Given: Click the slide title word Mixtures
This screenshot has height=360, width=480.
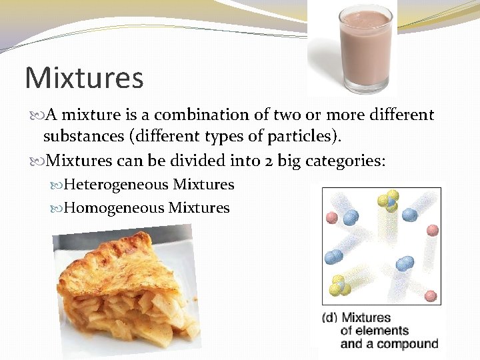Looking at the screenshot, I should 84,77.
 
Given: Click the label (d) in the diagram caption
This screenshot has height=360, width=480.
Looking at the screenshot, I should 329,317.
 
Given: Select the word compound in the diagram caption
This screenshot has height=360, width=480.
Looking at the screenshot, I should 409,344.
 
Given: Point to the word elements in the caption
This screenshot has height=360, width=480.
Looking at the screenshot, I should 383,331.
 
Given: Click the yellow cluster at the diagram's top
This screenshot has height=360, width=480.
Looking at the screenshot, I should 387,201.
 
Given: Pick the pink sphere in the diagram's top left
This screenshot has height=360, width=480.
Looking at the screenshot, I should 331,218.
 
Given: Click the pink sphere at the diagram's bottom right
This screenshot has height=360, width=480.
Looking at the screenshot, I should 431,295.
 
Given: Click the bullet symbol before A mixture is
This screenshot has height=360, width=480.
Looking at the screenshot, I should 35,115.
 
